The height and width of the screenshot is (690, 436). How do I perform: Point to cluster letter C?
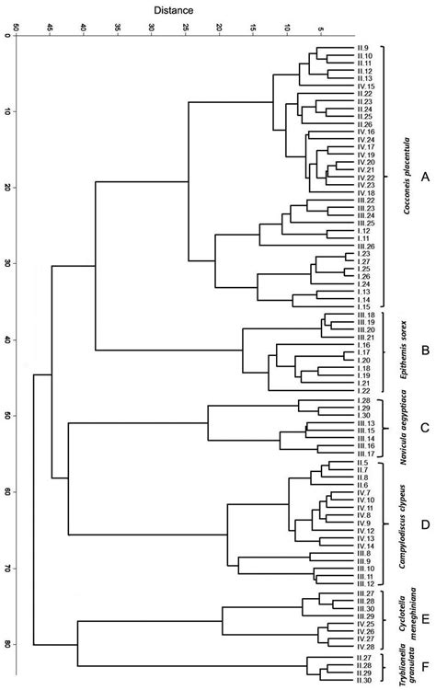[424, 427]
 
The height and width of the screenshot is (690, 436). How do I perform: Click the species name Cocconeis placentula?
[406, 175]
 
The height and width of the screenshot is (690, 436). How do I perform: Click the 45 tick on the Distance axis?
[49, 29]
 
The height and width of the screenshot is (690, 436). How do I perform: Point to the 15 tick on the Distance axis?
[252, 29]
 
